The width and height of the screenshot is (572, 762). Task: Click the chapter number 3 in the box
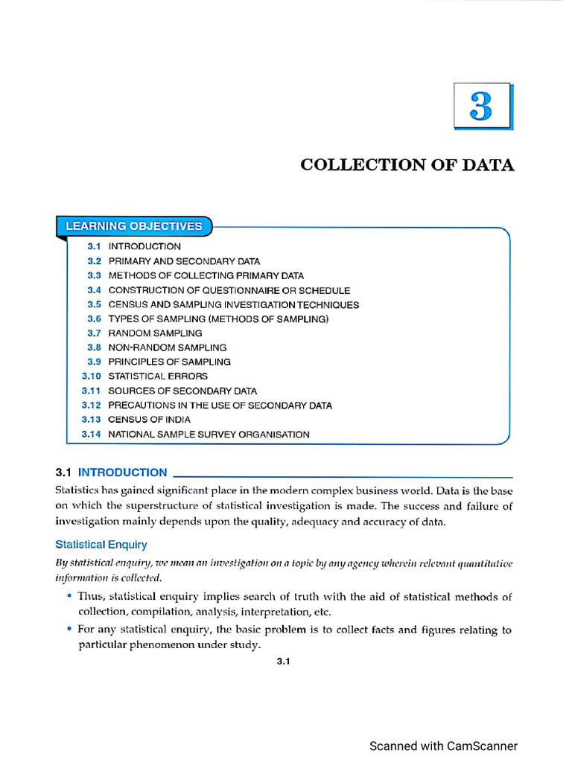tap(481, 107)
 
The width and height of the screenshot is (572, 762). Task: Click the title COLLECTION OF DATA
tap(407, 165)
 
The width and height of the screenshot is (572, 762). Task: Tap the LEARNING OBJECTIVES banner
tap(134, 226)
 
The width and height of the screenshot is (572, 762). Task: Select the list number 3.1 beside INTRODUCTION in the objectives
tap(94, 246)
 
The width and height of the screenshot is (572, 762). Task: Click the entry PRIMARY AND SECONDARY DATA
tap(184, 261)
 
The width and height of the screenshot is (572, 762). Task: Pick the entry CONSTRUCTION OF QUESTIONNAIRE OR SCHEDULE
tap(229, 290)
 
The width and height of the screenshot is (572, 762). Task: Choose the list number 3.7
tap(94, 333)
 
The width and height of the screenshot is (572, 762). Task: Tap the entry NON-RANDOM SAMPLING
tap(168, 348)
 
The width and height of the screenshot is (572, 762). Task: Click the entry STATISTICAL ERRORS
tap(158, 377)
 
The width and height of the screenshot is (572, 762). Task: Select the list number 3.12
tap(91, 406)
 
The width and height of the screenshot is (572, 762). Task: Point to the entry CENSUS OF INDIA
tap(149, 420)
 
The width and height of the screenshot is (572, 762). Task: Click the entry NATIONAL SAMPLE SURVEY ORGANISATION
tap(209, 435)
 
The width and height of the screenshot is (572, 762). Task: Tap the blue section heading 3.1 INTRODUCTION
tap(112, 473)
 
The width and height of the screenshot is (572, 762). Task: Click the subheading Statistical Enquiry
tap(101, 545)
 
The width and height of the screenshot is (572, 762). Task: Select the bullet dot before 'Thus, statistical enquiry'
tap(69, 596)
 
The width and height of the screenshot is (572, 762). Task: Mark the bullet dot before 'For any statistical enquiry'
tap(69, 629)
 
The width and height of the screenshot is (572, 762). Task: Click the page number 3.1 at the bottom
tap(283, 661)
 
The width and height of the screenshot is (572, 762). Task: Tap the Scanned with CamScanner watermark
tap(443, 746)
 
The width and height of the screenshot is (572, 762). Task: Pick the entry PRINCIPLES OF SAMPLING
tap(169, 362)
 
